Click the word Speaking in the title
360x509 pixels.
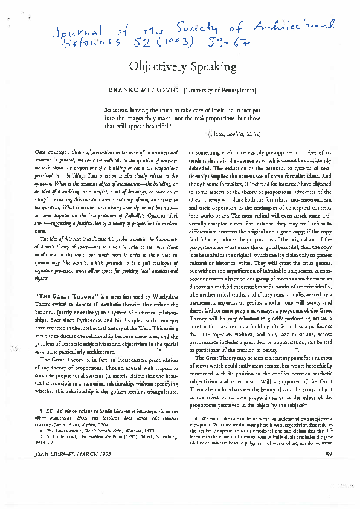(210, 66)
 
